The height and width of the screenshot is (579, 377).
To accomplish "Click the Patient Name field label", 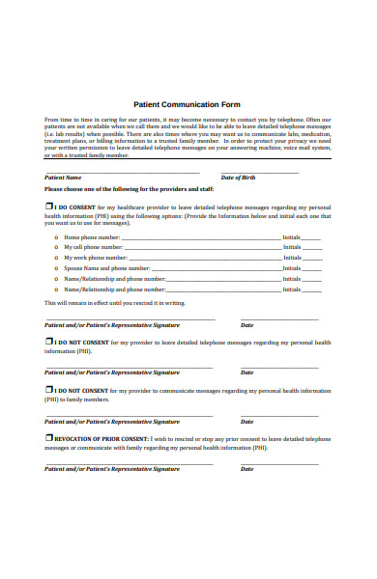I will point(64,178).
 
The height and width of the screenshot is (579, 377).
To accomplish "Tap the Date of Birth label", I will point(240,178).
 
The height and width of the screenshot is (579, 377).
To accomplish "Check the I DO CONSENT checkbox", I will point(49,207).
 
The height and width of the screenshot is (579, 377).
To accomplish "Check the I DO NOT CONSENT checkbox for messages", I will point(49,342).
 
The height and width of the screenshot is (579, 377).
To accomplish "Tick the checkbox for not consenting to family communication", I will point(49,390).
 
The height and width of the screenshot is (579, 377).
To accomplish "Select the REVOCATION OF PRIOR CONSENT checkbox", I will point(49,437).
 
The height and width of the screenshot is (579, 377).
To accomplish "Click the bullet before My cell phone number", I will point(56,248).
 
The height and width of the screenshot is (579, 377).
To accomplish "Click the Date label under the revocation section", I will point(246,469).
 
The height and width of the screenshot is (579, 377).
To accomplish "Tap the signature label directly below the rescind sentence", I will point(112,325).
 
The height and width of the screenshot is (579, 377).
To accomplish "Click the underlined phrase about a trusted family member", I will point(87,155).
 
